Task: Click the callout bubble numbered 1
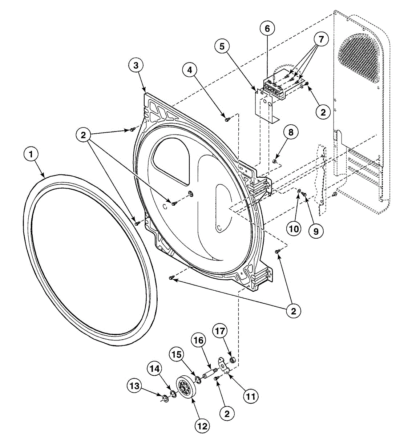[31, 154]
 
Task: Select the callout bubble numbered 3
[136, 65]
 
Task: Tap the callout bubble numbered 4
[190, 70]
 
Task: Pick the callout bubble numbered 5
[222, 46]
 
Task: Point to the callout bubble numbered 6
[267, 28]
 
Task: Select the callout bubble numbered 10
[294, 229]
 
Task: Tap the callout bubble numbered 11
[251, 396]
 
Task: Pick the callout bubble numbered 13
[135, 386]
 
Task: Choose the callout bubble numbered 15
[177, 355]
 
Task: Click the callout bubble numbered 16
[199, 340]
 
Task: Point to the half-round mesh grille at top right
[360, 54]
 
